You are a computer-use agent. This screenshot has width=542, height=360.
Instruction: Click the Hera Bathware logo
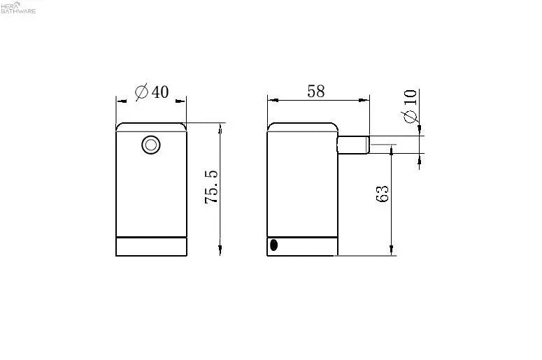click(18, 7)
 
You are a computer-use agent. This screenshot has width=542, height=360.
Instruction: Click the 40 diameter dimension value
click(160, 92)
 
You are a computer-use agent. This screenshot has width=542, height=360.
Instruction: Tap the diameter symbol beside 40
click(142, 92)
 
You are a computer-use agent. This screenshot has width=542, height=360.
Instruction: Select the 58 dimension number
click(316, 91)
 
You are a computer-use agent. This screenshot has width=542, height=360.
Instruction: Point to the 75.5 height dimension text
click(211, 187)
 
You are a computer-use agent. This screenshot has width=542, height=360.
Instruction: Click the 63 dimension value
click(382, 194)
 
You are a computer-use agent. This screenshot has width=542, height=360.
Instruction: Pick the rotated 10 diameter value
click(410, 97)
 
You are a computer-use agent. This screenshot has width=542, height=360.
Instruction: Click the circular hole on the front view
click(151, 145)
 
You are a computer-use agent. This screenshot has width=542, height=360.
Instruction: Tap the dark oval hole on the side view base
click(273, 245)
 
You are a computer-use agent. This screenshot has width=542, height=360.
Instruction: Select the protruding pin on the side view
click(354, 145)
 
